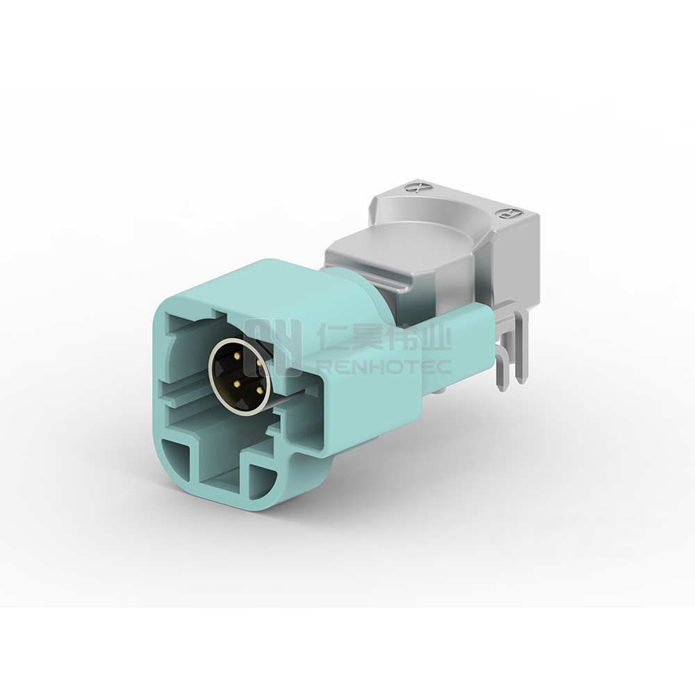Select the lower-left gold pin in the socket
(238, 382)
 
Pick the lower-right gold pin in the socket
(259, 390)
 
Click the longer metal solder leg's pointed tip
(501, 390)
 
